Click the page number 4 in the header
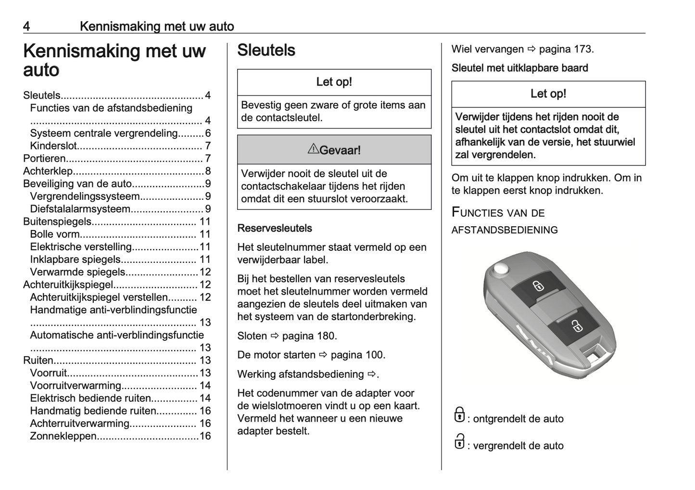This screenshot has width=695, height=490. click(x=27, y=26)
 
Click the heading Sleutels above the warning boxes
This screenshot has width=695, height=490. click(x=266, y=51)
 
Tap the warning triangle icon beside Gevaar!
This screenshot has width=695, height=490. click(x=313, y=149)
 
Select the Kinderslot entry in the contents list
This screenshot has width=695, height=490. click(x=53, y=146)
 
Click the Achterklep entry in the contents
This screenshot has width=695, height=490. click(x=48, y=171)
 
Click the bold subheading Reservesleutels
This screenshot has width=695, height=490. click(x=275, y=228)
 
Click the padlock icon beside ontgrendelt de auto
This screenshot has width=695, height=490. click(x=459, y=415)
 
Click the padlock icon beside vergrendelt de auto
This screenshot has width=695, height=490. click(x=459, y=442)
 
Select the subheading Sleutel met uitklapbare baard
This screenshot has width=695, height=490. click(x=519, y=68)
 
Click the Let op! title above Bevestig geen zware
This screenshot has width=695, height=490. click(x=334, y=82)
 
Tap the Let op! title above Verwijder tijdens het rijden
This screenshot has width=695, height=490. click(x=548, y=94)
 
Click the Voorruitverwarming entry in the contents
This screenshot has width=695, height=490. click(x=76, y=386)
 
